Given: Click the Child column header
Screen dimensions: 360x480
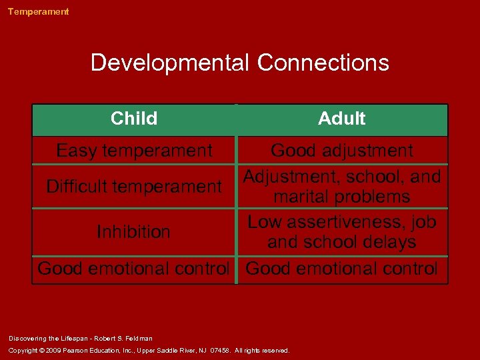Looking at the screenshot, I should click(x=134, y=119).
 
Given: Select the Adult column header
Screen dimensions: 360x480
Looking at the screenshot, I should click(x=342, y=119).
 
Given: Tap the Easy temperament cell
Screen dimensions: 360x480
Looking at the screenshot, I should click(x=134, y=151).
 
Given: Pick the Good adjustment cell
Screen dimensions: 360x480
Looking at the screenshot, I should click(x=342, y=151).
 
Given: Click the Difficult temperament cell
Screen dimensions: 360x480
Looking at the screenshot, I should click(x=134, y=186).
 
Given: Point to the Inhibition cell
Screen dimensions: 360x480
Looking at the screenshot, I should click(x=133, y=232).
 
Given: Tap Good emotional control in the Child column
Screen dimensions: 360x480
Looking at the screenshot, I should click(x=133, y=269).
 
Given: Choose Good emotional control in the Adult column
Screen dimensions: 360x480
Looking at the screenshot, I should click(x=342, y=269).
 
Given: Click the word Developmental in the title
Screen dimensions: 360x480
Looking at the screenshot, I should click(x=170, y=63).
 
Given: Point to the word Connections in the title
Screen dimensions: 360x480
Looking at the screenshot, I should click(x=323, y=63).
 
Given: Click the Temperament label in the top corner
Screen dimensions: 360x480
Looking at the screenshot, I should click(x=38, y=11).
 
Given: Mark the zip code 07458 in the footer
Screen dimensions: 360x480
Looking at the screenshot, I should click(x=220, y=350).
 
